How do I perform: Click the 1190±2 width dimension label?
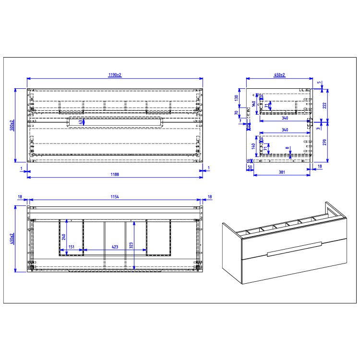(x=114, y=75)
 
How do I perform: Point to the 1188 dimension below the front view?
(x=114, y=174)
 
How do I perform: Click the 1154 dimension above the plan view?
(x=114, y=197)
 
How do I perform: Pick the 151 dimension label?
(x=71, y=247)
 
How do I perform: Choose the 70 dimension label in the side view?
(x=237, y=113)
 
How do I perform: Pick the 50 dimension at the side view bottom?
(x=250, y=168)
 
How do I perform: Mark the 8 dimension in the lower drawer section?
(x=288, y=148)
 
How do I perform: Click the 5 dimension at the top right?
(x=320, y=83)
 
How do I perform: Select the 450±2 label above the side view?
(x=279, y=75)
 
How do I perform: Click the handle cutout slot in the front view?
(x=115, y=122)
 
